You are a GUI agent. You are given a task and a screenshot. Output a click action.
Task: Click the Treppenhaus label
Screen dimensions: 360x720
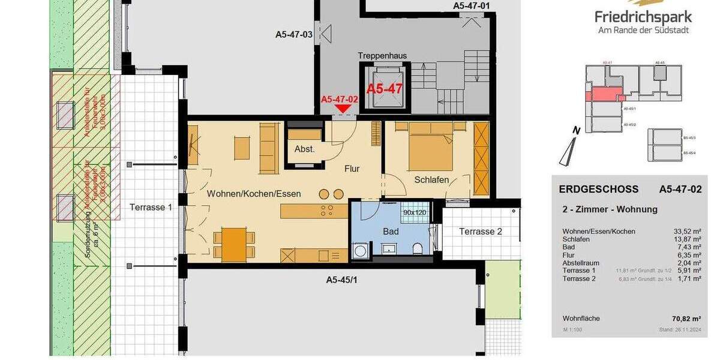point(382,56)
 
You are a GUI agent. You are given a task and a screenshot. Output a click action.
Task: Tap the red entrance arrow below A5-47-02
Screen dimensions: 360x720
point(343,108)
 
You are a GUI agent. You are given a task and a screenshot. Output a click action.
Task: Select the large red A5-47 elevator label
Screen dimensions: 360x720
point(385,89)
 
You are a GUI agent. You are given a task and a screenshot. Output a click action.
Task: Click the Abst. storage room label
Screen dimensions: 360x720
point(305,149)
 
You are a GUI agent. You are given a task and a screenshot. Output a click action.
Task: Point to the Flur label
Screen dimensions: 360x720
point(352,169)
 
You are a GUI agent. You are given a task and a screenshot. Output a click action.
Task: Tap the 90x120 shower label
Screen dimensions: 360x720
point(415,212)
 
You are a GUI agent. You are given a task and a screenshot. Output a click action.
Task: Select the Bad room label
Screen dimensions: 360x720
point(391,231)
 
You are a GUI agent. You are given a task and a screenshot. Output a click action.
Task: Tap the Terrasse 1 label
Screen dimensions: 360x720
point(151,208)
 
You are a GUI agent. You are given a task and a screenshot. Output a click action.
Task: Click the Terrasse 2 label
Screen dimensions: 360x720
point(481,232)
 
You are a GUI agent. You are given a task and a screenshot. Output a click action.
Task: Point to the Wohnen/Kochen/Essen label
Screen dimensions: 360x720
point(254,194)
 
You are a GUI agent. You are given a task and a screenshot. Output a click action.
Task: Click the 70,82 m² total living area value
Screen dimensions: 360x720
point(687,319)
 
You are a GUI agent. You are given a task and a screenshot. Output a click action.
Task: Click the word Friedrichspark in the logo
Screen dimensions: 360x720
point(643,17)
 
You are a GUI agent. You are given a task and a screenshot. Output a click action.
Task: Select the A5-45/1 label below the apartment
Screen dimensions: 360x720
point(342,280)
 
